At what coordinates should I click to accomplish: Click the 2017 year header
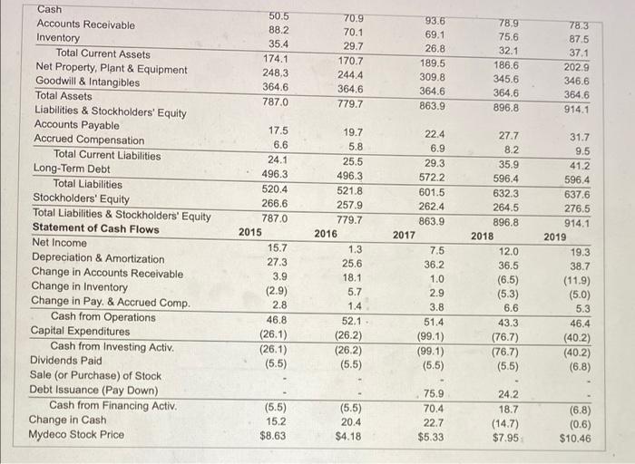click(404, 235)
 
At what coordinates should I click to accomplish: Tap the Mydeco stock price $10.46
click(574, 438)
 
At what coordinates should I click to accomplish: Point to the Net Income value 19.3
click(580, 252)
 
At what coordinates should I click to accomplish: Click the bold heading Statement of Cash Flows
click(95, 228)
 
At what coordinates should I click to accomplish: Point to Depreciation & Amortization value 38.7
click(579, 267)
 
